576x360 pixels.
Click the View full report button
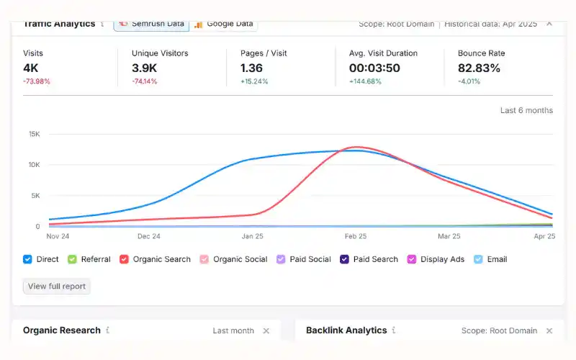tap(57, 286)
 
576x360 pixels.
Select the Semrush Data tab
tap(151, 23)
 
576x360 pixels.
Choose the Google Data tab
tap(223, 23)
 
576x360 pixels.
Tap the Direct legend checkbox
tap(28, 259)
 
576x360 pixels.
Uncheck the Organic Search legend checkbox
tap(125, 259)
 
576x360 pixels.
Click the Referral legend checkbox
tap(72, 259)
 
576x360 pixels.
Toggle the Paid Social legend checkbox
tap(282, 259)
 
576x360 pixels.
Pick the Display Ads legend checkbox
tap(412, 259)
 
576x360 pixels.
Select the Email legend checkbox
tap(478, 259)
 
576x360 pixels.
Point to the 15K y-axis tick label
tap(34, 134)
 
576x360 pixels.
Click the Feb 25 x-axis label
tap(355, 236)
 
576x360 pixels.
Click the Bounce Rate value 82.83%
tap(479, 68)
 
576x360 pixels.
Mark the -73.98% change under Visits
tap(37, 81)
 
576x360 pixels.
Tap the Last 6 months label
tap(526, 110)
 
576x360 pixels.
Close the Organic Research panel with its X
tap(266, 330)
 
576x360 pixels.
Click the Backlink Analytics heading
tap(346, 330)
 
